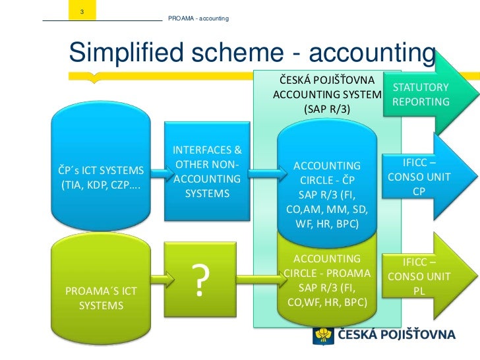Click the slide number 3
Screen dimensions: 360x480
81,13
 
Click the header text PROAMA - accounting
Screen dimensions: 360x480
198,17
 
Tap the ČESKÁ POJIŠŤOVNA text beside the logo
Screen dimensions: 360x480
396,334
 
